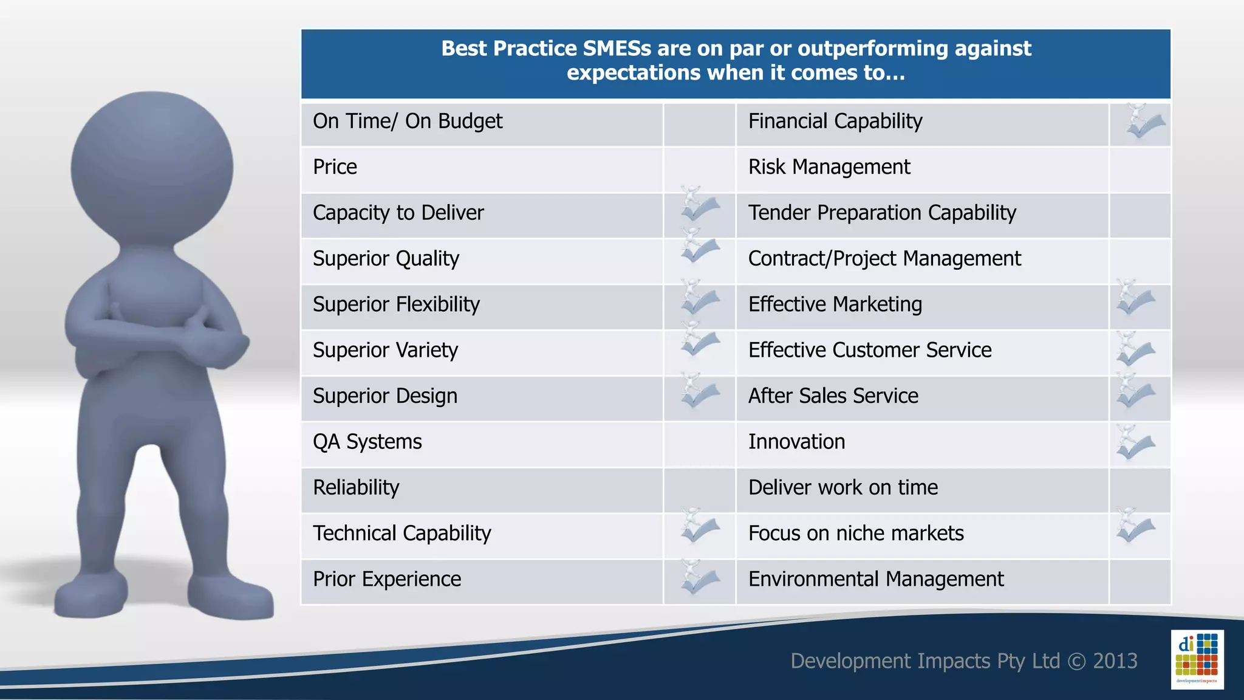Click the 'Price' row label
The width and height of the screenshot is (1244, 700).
tap(335, 167)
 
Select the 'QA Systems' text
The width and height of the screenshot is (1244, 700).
tap(367, 442)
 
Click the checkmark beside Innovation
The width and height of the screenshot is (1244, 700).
tap(1135, 444)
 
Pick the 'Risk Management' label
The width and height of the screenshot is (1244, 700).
tap(829, 167)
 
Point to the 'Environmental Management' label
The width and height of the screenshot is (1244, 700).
tap(875, 579)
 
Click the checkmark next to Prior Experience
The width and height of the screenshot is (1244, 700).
tap(700, 578)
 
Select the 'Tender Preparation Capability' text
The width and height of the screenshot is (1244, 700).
tap(881, 213)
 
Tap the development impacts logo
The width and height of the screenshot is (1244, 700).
tap(1197, 659)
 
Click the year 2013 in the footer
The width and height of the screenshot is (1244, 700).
tap(1115, 661)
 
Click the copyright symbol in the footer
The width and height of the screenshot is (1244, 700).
tap(1076, 661)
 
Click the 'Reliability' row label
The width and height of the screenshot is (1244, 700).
tap(356, 487)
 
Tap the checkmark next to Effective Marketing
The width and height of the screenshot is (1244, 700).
tap(1135, 300)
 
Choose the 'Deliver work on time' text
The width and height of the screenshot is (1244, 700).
tap(842, 487)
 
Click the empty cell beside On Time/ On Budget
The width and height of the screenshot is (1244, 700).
tap(699, 125)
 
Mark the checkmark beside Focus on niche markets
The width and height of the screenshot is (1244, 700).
tap(1135, 527)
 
